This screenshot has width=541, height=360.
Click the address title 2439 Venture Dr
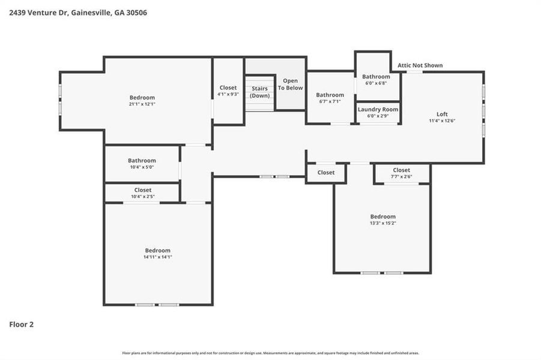(78, 12)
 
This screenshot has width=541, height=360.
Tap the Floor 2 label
(22, 325)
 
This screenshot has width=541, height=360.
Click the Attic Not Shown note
(420, 65)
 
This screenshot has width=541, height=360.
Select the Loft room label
(442, 114)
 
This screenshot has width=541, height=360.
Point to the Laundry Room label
(378, 109)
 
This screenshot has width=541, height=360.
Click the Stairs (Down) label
(260, 92)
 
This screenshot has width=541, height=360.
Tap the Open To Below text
(291, 84)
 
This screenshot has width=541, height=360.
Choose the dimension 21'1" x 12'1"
(142, 104)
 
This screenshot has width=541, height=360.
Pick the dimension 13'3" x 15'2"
(382, 223)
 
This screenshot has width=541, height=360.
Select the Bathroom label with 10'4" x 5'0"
(142, 160)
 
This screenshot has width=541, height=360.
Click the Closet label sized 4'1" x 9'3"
(228, 88)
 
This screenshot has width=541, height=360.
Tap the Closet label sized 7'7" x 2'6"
(401, 170)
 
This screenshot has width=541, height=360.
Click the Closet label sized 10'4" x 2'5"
(143, 190)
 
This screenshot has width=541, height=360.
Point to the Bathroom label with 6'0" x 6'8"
(376, 76)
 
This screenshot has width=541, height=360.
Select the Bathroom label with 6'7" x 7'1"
(330, 95)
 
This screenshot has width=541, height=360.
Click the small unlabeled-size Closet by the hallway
(326, 172)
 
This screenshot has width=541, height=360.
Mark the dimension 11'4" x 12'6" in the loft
(442, 121)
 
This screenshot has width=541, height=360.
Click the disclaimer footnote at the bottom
(270, 353)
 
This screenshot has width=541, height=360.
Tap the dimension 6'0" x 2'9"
(378, 115)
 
